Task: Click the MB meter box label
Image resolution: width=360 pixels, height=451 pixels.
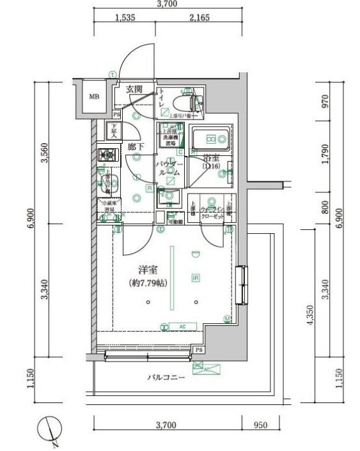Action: tap(94, 97)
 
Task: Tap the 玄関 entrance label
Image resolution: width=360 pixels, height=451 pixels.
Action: tap(134, 89)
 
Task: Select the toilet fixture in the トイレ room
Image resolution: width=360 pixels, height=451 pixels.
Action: tap(192, 101)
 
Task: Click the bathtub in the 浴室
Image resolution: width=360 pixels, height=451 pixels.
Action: tap(209, 138)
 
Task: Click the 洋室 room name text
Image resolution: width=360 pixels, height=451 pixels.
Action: tap(148, 271)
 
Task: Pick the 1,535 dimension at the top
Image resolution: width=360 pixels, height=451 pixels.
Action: tap(125, 19)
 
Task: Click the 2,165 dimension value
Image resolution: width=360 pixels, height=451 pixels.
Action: tap(200, 19)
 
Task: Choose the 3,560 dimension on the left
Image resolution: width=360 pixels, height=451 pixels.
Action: tap(45, 169)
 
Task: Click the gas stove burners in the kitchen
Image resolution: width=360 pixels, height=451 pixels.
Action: tap(106, 155)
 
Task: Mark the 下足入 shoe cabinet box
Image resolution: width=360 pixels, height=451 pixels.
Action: tap(114, 132)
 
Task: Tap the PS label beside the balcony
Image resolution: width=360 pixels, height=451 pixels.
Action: tap(200, 351)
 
